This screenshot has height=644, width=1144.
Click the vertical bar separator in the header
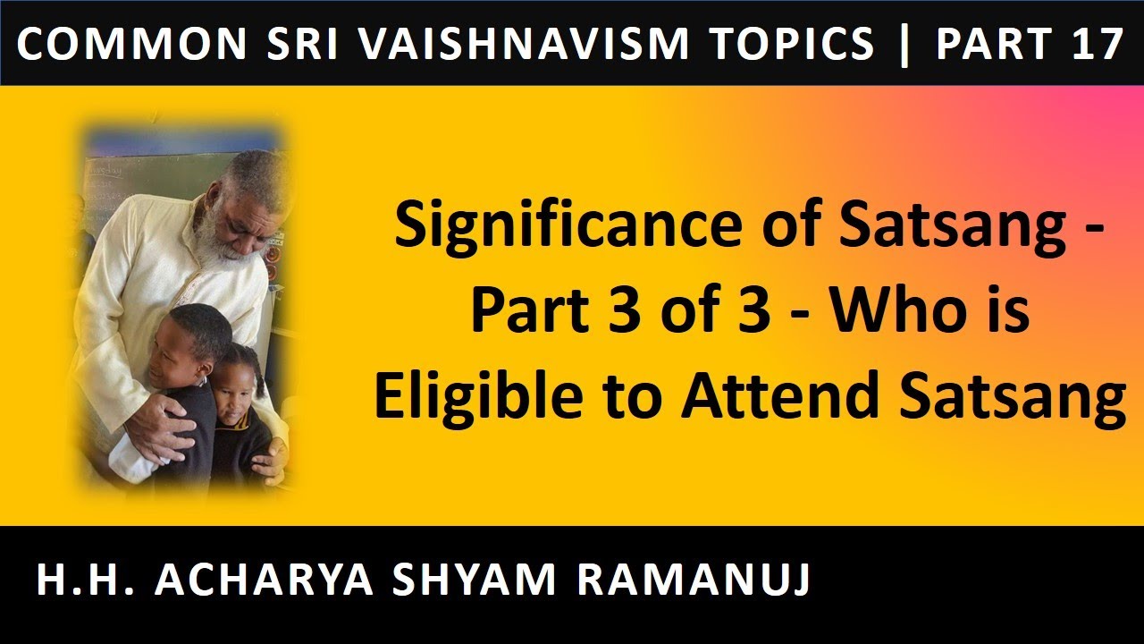tap(905, 44)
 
